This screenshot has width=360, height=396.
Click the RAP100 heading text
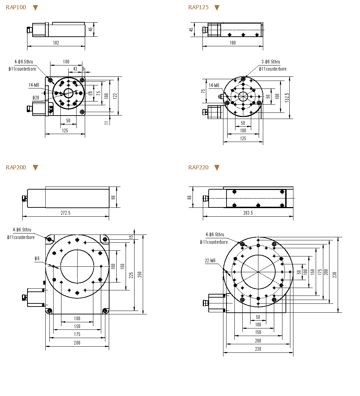[16, 8]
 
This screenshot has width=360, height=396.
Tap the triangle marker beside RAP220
[217, 168]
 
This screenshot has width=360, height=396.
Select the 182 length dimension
[56, 43]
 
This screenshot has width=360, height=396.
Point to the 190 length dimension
[233, 43]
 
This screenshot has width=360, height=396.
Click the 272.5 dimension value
[65, 213]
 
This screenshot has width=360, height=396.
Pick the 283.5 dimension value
[248, 213]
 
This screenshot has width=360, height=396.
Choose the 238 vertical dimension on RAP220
[335, 274]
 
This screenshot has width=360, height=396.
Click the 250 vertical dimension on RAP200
[140, 274]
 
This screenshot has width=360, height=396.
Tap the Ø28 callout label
[36, 98]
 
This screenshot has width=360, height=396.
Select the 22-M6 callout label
[210, 261]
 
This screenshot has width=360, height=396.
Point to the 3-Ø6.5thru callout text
[271, 62]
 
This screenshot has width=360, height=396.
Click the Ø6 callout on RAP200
[37, 259]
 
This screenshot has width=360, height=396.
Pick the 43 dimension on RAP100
[75, 69]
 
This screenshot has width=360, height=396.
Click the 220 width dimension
[258, 349]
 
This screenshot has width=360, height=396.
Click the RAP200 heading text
[16, 168]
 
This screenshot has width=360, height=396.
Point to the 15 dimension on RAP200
[131, 237]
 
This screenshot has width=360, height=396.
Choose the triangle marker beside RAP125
[217, 8]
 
